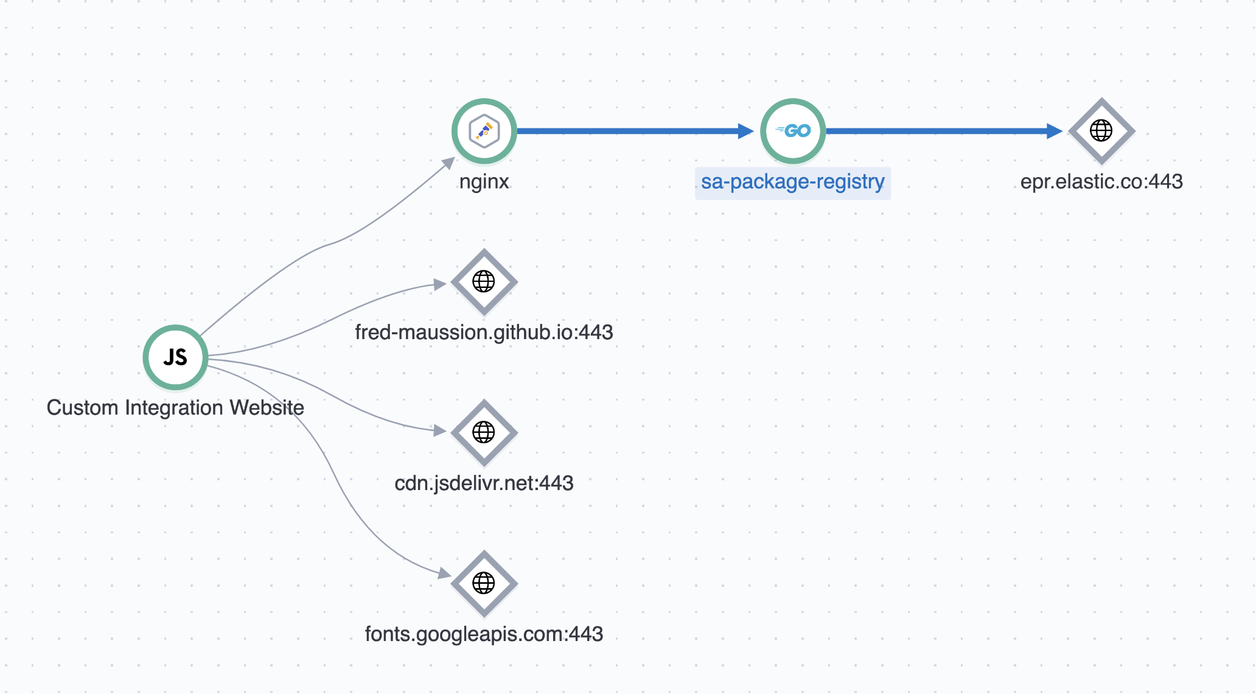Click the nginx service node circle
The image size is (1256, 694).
(484, 131)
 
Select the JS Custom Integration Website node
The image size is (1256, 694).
(175, 357)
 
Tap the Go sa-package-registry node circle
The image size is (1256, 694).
(793, 131)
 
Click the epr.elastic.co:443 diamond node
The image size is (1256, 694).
(1101, 131)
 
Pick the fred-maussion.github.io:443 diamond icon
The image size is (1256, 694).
(484, 282)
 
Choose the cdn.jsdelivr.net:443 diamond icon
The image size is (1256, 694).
(484, 432)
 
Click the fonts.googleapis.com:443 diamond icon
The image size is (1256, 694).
(484, 583)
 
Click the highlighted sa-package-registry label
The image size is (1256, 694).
(792, 182)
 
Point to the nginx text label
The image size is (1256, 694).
(484, 182)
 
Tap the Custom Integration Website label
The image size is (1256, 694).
(175, 408)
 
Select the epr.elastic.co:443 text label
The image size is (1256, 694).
(1101, 182)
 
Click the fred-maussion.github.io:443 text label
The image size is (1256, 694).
(484, 332)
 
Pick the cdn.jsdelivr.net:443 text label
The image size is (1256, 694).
(484, 483)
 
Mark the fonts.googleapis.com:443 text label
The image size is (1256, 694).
(484, 634)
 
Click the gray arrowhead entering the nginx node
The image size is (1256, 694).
(449, 162)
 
